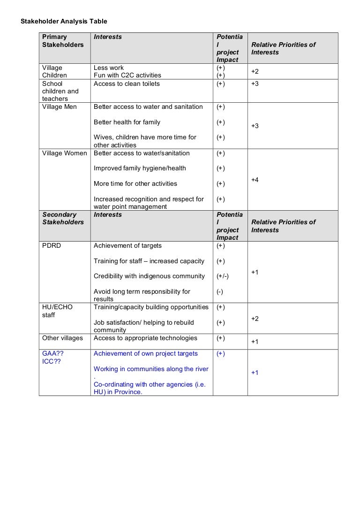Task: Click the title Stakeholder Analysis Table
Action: (x=64, y=21)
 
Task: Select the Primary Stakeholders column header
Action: (x=63, y=41)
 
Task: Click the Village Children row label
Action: (x=54, y=71)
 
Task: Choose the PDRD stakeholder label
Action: (x=52, y=245)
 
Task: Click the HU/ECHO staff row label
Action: (x=57, y=311)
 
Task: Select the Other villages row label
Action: (x=62, y=338)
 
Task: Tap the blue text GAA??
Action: (x=53, y=354)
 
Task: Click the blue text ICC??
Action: (x=52, y=362)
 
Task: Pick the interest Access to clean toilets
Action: (x=127, y=84)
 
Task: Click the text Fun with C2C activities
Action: (x=127, y=75)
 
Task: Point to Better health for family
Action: (x=127, y=122)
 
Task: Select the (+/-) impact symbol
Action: (x=223, y=276)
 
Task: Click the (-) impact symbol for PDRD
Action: (x=220, y=292)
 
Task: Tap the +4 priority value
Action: (x=255, y=180)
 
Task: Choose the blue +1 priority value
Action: (x=255, y=373)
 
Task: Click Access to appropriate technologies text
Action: (x=145, y=338)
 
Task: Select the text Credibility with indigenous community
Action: (x=149, y=276)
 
